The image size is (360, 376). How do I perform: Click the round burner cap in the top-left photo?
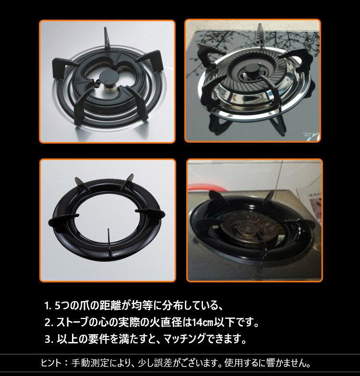(x=108, y=77)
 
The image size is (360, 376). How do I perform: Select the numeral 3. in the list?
(x=48, y=339)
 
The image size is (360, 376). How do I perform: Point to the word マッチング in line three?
(x=184, y=339)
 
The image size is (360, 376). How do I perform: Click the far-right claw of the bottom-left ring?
(x=150, y=213)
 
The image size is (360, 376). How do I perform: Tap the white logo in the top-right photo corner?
(x=311, y=136)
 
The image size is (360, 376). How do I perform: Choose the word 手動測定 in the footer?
(x=90, y=363)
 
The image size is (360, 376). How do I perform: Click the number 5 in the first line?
(x=58, y=306)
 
